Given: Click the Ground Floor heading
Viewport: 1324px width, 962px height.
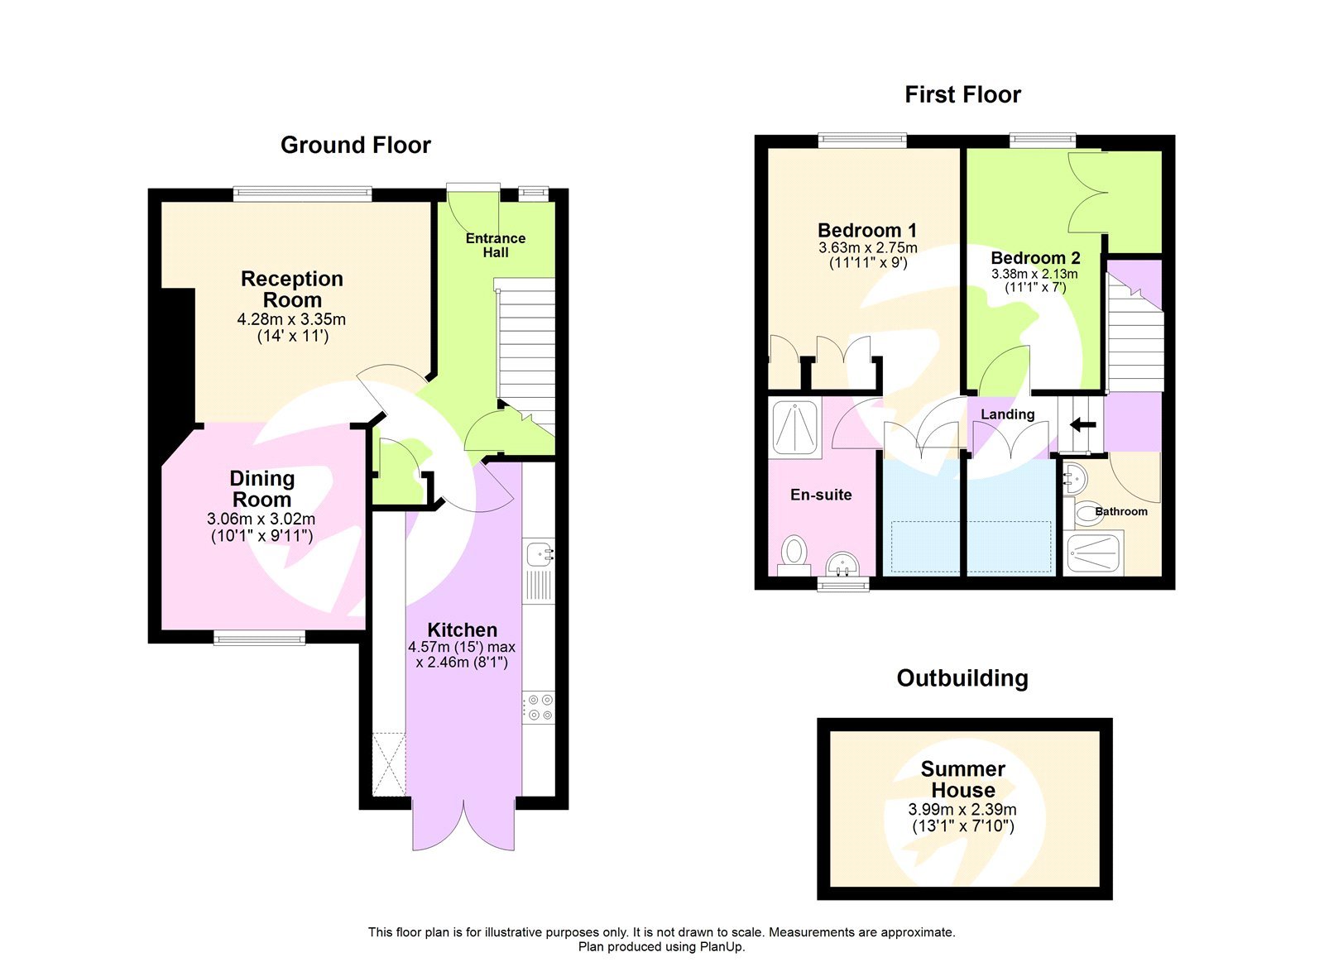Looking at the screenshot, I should pyautogui.click(x=355, y=145).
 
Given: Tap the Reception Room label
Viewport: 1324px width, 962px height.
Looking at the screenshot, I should pyautogui.click(x=291, y=290).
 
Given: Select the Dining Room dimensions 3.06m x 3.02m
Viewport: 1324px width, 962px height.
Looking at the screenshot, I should pyautogui.click(x=261, y=519).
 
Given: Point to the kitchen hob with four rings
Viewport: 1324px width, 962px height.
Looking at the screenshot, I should pyautogui.click(x=539, y=707).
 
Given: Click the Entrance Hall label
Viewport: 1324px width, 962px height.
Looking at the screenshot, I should pyautogui.click(x=495, y=245).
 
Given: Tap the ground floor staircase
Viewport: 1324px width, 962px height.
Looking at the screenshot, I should pyautogui.click(x=525, y=347).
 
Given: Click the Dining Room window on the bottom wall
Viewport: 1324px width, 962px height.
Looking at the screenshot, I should pyautogui.click(x=259, y=637).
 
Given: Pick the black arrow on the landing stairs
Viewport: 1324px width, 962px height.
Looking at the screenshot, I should pyautogui.click(x=1082, y=425).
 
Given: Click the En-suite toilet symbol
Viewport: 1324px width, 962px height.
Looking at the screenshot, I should pyautogui.click(x=794, y=550).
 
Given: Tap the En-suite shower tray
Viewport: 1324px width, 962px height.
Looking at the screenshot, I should pyautogui.click(x=794, y=427).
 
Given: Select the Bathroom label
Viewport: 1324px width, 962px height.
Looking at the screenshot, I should pyautogui.click(x=1120, y=511).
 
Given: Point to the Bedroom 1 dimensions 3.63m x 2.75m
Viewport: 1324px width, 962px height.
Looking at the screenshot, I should pyautogui.click(x=867, y=248).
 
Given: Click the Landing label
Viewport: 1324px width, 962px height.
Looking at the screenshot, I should pyautogui.click(x=1007, y=414).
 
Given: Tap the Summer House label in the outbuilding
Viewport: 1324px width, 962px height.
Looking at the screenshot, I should pyautogui.click(x=962, y=779).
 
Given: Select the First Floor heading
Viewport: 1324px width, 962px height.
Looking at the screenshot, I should pyautogui.click(x=962, y=94).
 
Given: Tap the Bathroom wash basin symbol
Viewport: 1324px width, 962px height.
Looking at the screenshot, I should pyautogui.click(x=1075, y=477).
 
